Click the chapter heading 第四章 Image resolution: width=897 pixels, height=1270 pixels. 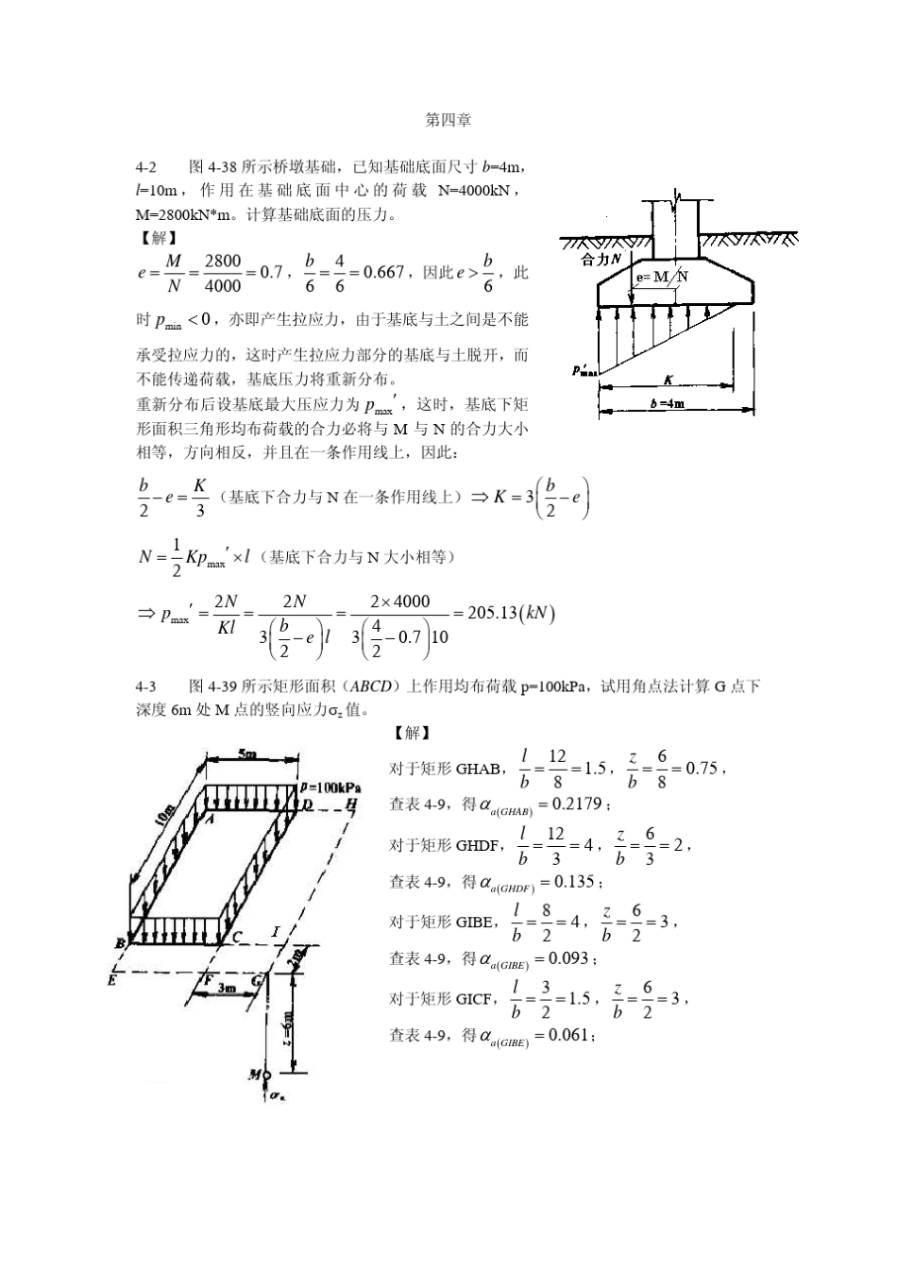(x=448, y=120)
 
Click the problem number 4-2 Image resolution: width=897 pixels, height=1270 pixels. (x=146, y=167)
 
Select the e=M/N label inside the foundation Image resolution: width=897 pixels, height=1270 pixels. (x=662, y=277)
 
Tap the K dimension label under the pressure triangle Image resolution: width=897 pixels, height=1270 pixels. (x=668, y=381)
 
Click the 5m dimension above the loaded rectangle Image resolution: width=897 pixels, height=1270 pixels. (x=247, y=754)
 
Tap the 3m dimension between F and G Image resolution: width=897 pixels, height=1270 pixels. (x=227, y=987)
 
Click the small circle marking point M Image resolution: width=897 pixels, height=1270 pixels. (x=267, y=1075)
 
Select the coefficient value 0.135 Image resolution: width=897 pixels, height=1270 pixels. (x=573, y=881)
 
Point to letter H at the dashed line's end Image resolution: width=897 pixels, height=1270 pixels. (x=352, y=804)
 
